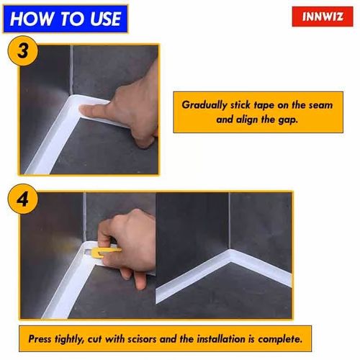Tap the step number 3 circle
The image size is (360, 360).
coord(22,53)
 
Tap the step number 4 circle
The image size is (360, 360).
coord(22,200)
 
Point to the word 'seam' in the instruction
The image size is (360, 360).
coord(318,104)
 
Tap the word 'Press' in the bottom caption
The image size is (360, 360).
coord(42,338)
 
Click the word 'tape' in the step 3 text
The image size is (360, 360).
coord(264,104)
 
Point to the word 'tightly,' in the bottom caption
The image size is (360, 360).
coord(79,338)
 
